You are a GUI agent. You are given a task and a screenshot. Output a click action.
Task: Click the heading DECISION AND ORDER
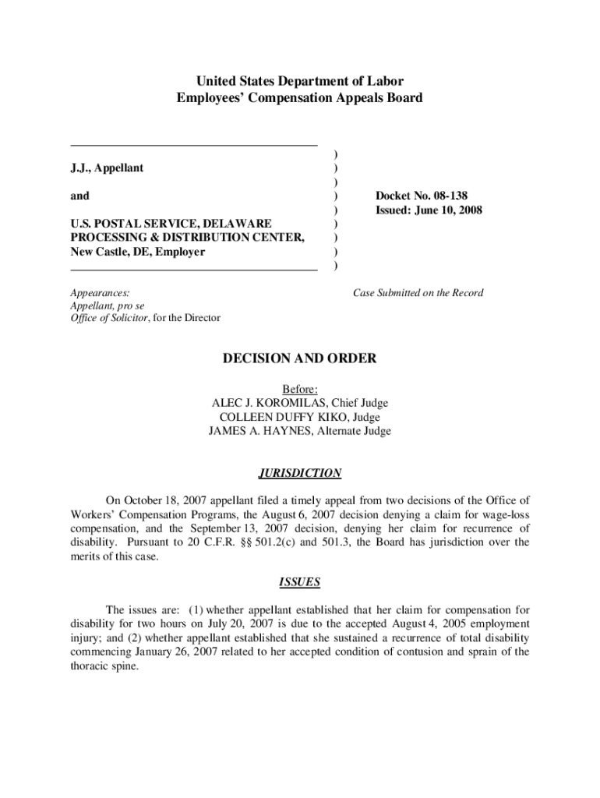300,358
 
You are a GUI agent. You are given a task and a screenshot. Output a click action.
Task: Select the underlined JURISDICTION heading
299,473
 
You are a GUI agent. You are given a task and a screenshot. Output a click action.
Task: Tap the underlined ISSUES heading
299,582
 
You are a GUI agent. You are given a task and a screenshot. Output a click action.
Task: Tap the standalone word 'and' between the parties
79,196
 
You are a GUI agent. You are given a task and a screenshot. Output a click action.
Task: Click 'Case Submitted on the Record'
418,293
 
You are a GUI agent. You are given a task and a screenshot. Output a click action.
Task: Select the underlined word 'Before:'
299,389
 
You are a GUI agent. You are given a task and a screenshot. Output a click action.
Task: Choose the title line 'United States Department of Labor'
299,81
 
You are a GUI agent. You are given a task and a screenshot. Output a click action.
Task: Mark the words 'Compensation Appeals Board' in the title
341,98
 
